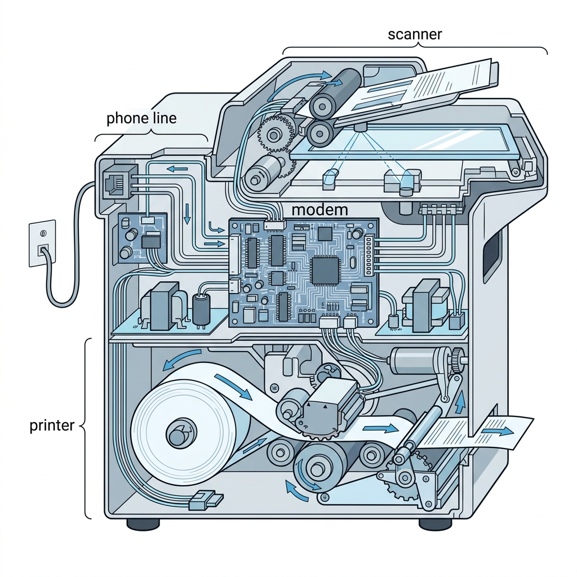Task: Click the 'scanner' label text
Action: (x=415, y=34)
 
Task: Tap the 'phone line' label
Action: (x=141, y=118)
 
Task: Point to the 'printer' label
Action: (x=52, y=425)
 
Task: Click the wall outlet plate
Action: (x=43, y=243)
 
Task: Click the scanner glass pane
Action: (x=406, y=141)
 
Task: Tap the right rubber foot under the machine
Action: (x=435, y=524)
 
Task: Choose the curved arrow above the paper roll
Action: (x=181, y=358)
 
